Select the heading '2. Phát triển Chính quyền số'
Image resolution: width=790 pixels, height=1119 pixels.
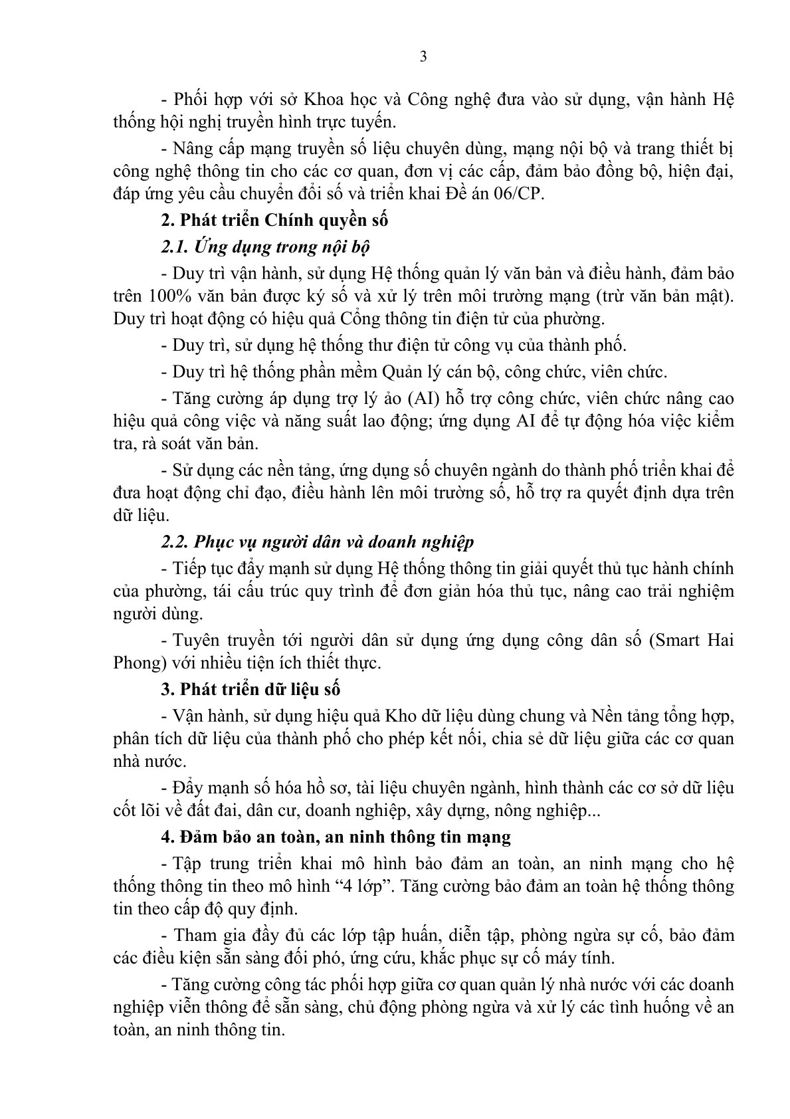click(x=274, y=220)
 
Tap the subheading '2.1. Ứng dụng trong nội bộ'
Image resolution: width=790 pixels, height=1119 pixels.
click(x=266, y=247)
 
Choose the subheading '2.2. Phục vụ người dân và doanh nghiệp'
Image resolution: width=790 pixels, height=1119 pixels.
click(x=318, y=542)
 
